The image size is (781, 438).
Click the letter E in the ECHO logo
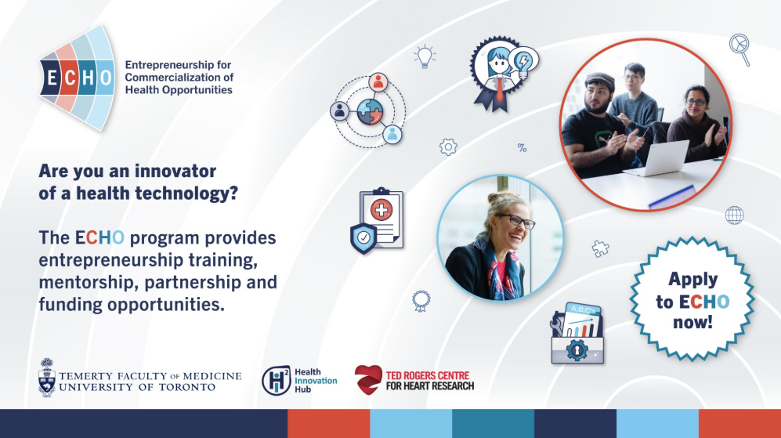(x=51, y=78)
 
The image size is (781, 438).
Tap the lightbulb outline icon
(x=425, y=56)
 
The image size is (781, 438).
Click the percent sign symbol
(x=522, y=147)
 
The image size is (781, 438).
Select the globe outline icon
(x=734, y=215)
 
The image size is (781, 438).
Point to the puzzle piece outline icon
(x=600, y=248)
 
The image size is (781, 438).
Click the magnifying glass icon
(x=739, y=49)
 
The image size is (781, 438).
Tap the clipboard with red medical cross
(x=381, y=217)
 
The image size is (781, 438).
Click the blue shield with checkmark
(x=363, y=238)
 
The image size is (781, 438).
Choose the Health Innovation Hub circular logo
(x=276, y=381)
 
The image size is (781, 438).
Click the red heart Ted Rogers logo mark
(x=368, y=380)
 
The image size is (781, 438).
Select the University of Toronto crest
(x=47, y=378)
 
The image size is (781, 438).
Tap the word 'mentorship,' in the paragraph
(x=89, y=283)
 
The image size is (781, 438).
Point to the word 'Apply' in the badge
(x=692, y=280)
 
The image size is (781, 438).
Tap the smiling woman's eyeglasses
(x=515, y=221)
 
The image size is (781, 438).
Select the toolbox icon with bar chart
(x=578, y=333)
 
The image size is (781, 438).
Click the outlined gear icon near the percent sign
(x=448, y=147)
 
